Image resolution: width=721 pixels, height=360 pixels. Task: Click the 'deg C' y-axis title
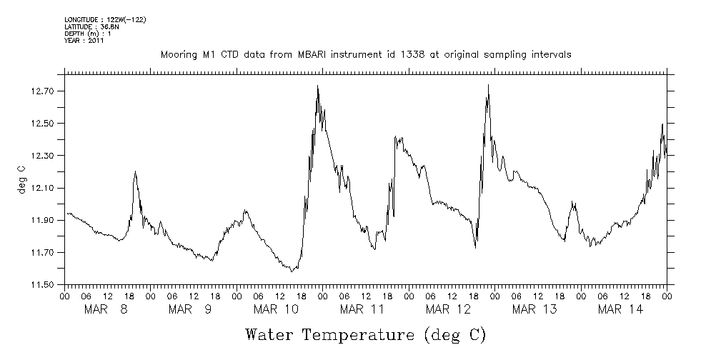(21, 181)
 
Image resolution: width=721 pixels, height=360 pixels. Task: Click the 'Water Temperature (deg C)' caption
(365, 334)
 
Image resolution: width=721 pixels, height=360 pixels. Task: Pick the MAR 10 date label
(276, 309)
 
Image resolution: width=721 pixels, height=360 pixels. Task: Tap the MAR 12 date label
(448, 309)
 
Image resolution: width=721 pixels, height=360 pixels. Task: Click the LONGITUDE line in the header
(105, 19)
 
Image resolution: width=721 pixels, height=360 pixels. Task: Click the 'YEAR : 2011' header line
(84, 41)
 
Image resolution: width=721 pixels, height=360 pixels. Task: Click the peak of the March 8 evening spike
(135, 171)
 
